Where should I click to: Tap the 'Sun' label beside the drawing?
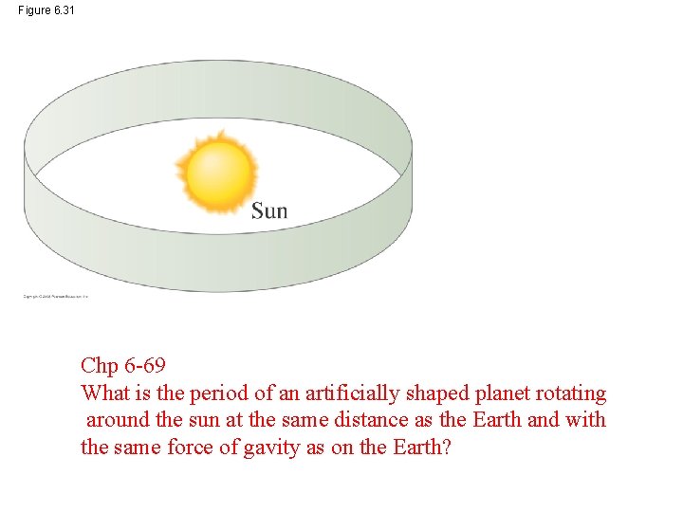coord(269,210)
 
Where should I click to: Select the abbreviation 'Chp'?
coord(100,366)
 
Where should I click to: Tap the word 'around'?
coord(118,420)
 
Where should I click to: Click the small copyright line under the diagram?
coord(55,297)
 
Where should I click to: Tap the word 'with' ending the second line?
coord(585,420)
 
